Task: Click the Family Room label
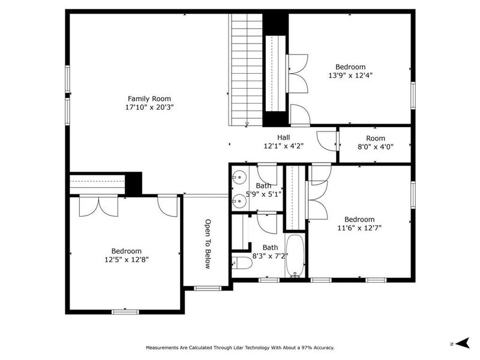[x=149, y=98]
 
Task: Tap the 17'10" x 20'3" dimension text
[x=149, y=107]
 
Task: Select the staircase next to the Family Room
[x=246, y=69]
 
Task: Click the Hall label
[x=284, y=137]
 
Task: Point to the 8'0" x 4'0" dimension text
[x=375, y=146]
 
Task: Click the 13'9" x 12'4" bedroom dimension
[x=350, y=76]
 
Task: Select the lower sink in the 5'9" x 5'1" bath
[x=238, y=199]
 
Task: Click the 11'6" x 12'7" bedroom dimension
[x=359, y=228]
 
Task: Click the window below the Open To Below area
[x=208, y=289]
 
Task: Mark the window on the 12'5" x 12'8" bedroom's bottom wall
[x=125, y=311]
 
